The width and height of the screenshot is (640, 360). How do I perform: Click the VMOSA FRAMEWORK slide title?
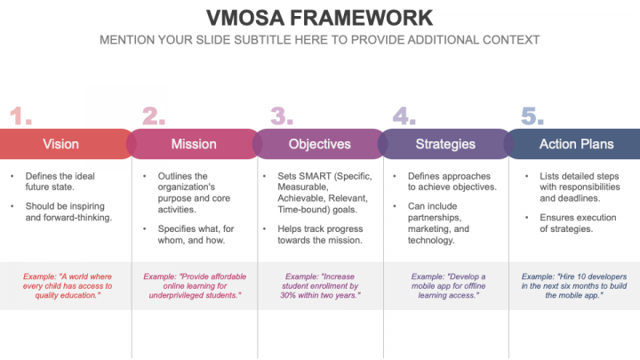319,18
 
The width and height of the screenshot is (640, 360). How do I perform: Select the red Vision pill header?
60,143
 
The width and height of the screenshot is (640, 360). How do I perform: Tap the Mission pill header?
194,143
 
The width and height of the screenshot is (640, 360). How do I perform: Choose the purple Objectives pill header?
319,143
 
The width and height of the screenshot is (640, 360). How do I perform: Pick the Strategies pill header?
445,143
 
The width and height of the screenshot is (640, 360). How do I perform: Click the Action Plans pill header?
576,143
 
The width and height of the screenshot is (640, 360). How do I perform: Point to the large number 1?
20,116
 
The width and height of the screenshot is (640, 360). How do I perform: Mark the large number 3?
282,116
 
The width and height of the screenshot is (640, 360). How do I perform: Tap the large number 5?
532,116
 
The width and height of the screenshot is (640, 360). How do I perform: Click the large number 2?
154,116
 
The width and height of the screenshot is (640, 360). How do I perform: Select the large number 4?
404,116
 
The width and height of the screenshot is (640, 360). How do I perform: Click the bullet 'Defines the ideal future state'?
61,181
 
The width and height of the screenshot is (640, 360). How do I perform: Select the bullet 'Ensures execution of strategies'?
578,223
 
